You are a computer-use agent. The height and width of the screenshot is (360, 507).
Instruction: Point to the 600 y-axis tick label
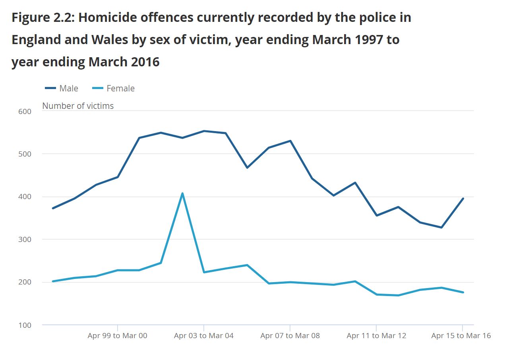[x=25, y=111]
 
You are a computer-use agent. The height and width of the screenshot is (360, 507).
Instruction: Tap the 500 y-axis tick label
[x=25, y=154]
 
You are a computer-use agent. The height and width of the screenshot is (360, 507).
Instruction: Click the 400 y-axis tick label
[x=25, y=197]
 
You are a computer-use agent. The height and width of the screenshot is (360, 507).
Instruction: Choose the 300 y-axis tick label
[x=25, y=240]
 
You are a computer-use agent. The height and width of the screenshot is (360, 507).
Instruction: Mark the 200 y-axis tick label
[x=25, y=283]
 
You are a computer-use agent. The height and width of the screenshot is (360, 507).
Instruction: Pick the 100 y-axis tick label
[x=25, y=325]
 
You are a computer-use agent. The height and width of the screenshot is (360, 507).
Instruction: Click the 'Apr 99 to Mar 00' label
[x=117, y=336]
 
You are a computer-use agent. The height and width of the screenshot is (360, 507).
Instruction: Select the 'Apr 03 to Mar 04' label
[x=203, y=336]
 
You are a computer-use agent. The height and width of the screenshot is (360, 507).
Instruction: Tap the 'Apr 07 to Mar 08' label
[x=290, y=336]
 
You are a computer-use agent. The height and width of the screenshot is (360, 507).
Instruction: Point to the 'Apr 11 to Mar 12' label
[x=376, y=336]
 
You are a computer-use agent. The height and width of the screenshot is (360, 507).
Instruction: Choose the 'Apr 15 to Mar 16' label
[x=461, y=336]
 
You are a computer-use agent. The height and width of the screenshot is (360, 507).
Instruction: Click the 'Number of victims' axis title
[x=78, y=106]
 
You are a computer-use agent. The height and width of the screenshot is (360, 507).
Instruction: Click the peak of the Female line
[x=182, y=194]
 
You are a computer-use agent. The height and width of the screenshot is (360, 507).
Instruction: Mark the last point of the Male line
[x=463, y=198]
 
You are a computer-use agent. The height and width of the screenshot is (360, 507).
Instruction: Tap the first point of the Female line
[x=53, y=281]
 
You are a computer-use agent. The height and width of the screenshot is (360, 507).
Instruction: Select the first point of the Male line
[x=53, y=208]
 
